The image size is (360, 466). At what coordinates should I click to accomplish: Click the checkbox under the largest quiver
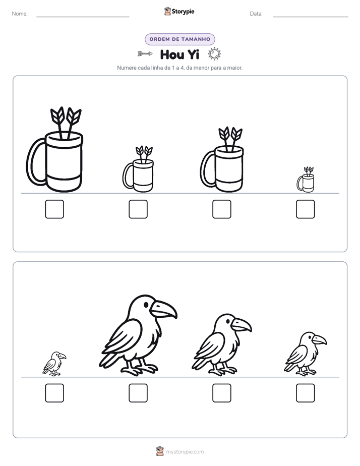(54, 209)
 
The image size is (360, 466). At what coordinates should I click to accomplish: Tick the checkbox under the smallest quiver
(306, 209)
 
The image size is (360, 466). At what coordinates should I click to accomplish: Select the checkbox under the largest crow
(138, 393)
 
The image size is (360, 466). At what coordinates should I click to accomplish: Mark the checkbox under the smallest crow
(54, 393)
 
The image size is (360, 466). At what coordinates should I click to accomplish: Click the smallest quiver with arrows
(306, 180)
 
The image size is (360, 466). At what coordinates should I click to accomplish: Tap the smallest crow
(54, 364)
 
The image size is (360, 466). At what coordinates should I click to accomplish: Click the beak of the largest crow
(164, 309)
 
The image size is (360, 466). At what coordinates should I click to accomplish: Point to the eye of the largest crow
(146, 305)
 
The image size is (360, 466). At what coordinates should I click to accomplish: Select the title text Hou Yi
(179, 54)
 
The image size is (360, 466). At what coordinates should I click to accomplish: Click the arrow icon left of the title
(145, 54)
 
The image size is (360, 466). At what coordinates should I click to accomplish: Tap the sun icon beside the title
(214, 54)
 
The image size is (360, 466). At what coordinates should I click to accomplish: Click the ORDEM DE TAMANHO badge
(179, 39)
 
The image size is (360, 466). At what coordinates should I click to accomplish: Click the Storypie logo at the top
(179, 12)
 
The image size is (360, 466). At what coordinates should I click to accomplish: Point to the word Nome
(20, 14)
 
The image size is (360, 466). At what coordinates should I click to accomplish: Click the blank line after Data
(311, 17)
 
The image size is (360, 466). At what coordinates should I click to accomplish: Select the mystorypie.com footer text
(185, 452)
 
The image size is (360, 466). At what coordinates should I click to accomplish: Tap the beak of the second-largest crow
(241, 325)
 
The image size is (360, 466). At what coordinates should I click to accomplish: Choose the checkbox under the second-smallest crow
(306, 393)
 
